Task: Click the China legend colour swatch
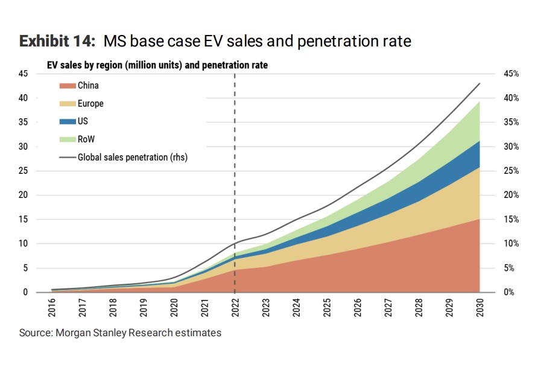point(68,86)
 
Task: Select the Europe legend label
point(90,104)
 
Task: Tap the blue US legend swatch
point(68,121)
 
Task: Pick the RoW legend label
point(86,139)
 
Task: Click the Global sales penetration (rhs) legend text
point(133,157)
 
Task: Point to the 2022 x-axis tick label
point(235,308)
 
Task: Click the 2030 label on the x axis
point(479,308)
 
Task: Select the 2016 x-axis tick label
point(51,308)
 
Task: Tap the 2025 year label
point(327,308)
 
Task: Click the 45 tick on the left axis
point(24,74)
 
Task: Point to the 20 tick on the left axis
point(24,195)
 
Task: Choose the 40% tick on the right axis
point(511,98)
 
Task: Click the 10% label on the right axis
point(511,244)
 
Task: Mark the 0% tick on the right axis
point(509,292)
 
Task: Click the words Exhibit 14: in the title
point(57,41)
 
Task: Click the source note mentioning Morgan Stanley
point(120,333)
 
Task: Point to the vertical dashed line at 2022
point(235,183)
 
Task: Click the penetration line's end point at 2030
point(479,83)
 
